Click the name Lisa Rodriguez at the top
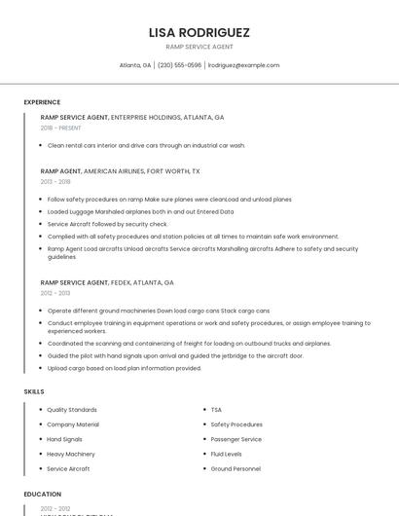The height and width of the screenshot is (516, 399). pos(199,32)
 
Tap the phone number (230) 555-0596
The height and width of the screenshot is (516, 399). pos(179,65)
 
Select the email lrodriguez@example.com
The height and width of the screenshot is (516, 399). pos(243,65)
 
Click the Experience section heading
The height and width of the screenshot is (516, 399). pos(42,102)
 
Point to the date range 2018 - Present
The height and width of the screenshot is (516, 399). pos(61,128)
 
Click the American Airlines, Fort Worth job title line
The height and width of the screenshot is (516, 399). pos(120,170)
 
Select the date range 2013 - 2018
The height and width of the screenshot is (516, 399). pos(55,181)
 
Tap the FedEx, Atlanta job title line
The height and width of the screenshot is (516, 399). pos(107,282)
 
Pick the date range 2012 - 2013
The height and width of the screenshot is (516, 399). pos(55,293)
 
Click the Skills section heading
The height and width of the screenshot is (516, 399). pos(34,391)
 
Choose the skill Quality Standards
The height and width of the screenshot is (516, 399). pos(72,410)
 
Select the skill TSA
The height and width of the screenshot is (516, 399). pos(216,410)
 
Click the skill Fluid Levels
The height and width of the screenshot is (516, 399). pos(227,454)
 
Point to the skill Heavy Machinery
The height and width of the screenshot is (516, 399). pos(71,454)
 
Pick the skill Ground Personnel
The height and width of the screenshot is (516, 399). pos(236,468)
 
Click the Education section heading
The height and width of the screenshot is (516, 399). pos(42,495)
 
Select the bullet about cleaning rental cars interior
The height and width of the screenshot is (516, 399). pos(146,145)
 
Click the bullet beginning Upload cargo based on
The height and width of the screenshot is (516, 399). pos(124,368)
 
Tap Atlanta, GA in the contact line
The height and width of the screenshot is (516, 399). pos(135,65)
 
